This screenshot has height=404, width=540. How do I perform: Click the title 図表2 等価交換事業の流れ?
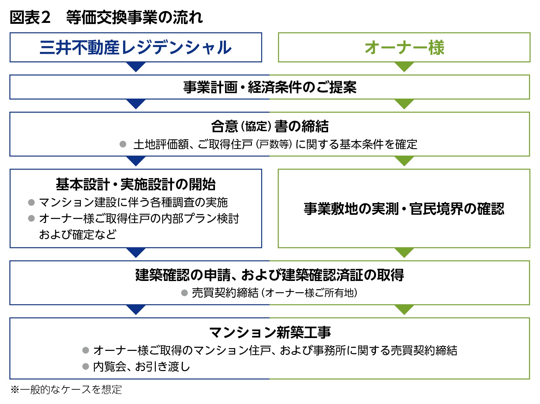click(106, 17)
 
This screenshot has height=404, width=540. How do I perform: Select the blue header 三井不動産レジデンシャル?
click(136, 48)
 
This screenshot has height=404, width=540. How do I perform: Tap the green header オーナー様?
click(404, 48)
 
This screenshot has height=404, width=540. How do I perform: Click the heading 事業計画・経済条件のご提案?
click(270, 87)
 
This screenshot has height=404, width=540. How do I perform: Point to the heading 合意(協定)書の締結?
click(270, 126)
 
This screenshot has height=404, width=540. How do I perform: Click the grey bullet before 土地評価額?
click(123, 144)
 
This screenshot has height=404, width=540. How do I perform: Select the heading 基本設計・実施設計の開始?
click(136, 184)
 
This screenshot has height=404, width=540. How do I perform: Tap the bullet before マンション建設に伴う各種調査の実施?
click(31, 202)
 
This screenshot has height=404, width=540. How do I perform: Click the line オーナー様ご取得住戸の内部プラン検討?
click(139, 218)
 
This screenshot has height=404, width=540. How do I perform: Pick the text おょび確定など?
click(78, 235)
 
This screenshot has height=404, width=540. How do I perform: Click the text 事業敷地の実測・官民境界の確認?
click(404, 209)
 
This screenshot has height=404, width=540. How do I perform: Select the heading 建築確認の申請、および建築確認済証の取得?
click(270, 275)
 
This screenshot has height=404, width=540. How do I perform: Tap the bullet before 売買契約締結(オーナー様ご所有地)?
click(184, 293)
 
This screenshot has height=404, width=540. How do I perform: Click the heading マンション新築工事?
click(270, 332)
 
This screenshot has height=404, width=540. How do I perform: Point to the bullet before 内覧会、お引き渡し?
click(86, 366)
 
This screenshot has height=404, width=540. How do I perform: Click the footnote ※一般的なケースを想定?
click(66, 390)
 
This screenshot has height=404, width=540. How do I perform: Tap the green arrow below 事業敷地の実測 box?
click(404, 253)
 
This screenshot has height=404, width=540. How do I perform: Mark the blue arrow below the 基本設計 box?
click(136, 253)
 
